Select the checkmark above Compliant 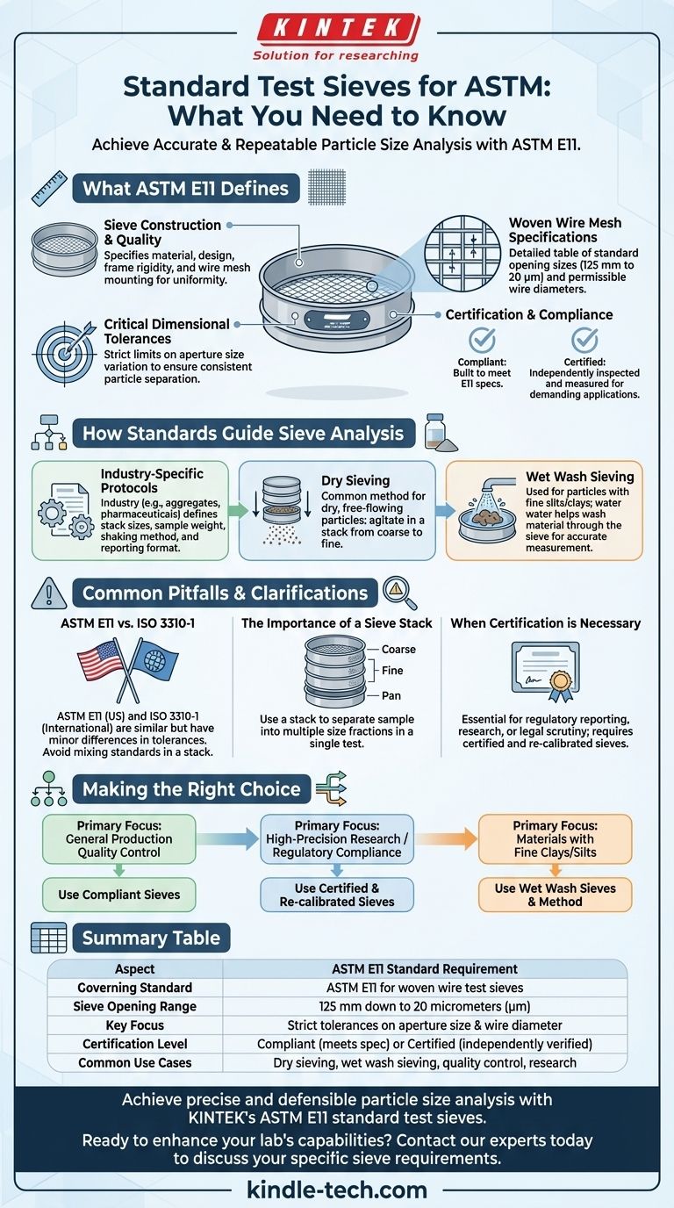coord(482,341)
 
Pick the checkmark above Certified coord(584,341)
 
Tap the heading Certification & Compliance coord(529,314)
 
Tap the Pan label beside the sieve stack coord(392,694)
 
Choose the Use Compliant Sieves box coord(119,895)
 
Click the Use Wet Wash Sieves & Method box coord(555,895)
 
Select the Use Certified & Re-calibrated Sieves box coord(337,895)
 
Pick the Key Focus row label coord(135,1025)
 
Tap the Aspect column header coord(135,968)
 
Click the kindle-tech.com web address coord(337,1190)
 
